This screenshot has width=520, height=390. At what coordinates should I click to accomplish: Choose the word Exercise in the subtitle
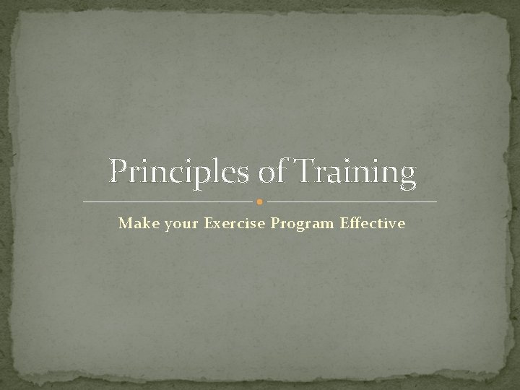(235, 223)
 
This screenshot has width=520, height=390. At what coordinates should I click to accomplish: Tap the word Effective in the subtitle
(374, 223)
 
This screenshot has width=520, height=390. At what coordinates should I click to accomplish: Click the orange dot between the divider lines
(260, 201)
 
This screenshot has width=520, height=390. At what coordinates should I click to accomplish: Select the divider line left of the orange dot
(169, 201)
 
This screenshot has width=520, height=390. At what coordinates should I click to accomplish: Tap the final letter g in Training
(409, 178)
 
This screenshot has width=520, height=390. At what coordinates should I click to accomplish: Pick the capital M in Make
(125, 223)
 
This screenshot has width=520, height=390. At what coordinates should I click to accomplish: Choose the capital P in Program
(276, 223)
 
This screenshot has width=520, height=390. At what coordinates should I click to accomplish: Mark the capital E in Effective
(347, 223)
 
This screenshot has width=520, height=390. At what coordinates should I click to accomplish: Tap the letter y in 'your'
(169, 225)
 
